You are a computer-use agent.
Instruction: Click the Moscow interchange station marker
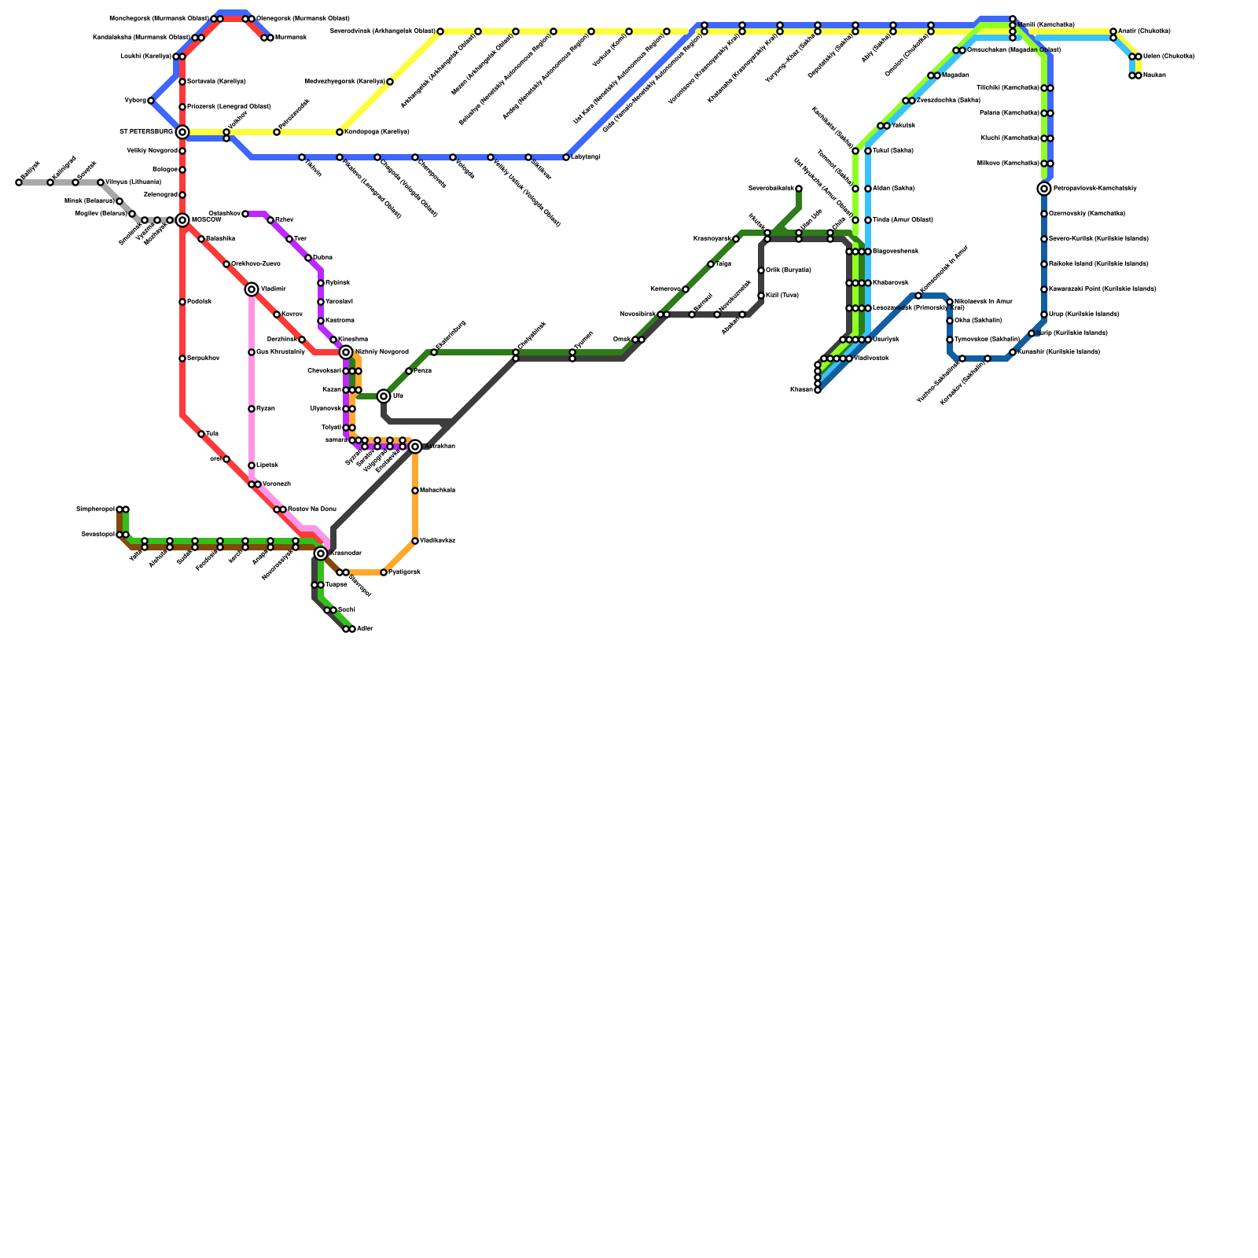click(x=182, y=220)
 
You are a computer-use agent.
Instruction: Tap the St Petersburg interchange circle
click(x=182, y=132)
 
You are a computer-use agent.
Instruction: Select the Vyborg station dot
click(x=151, y=101)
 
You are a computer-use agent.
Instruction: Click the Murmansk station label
click(x=290, y=38)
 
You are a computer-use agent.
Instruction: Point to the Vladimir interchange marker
click(x=252, y=289)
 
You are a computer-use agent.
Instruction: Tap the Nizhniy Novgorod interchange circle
click(x=346, y=352)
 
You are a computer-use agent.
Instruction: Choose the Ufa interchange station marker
click(x=384, y=396)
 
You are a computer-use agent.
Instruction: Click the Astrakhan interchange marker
click(x=415, y=447)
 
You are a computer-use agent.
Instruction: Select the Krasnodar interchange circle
click(x=321, y=554)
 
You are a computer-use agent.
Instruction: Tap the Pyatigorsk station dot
click(x=384, y=572)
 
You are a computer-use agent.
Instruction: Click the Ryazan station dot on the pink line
click(x=252, y=409)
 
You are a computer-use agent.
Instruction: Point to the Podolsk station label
click(x=199, y=302)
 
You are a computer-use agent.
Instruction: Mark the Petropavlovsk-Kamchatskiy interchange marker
click(x=1044, y=189)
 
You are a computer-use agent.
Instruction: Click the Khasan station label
click(x=801, y=390)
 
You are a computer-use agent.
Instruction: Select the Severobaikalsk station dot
click(x=799, y=189)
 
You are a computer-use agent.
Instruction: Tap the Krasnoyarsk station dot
click(x=736, y=239)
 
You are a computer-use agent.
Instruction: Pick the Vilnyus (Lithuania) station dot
click(x=101, y=182)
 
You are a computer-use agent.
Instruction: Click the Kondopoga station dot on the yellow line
click(x=340, y=132)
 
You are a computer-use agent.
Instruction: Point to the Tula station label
click(x=212, y=434)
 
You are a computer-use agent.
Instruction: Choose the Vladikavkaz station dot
click(x=415, y=541)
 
